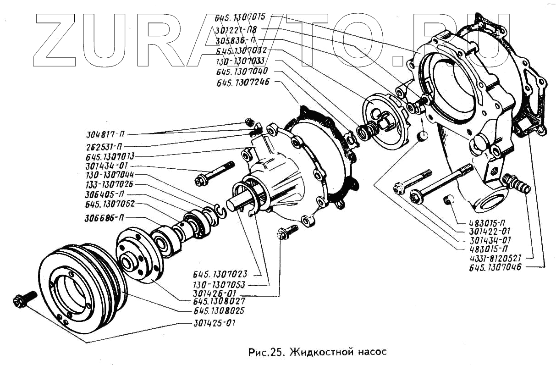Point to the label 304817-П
point(105,135)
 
